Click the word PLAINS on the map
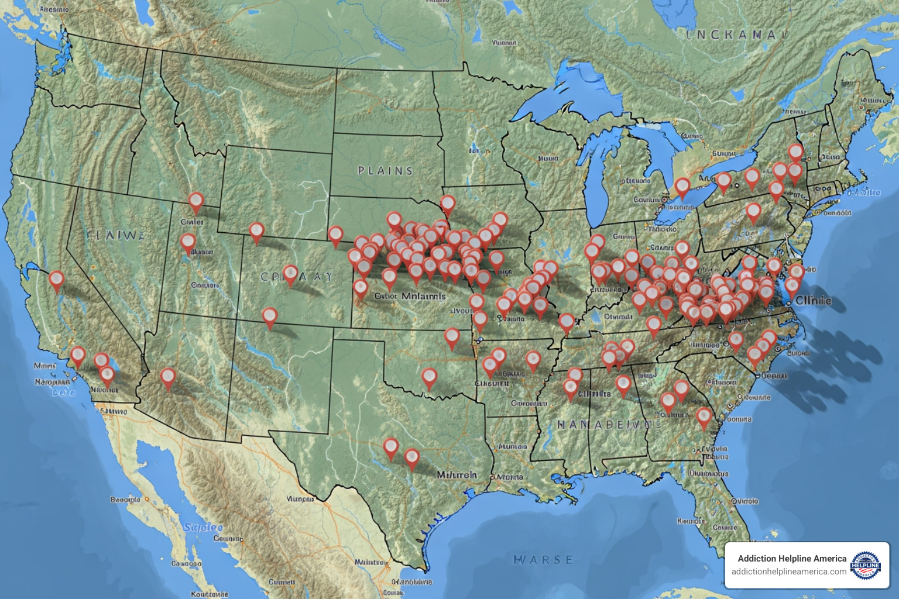click(385, 171)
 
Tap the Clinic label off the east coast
click(813, 300)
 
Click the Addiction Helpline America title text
click(792, 559)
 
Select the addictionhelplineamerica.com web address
click(788, 572)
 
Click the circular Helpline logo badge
click(866, 565)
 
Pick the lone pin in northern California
click(56, 280)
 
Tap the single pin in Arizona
click(168, 377)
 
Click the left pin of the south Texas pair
click(391, 447)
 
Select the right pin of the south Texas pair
click(412, 457)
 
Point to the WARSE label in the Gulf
click(543, 560)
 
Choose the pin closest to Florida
click(704, 416)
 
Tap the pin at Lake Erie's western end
click(682, 187)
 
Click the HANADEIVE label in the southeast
click(603, 425)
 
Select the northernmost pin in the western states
click(195, 202)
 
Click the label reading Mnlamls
click(424, 296)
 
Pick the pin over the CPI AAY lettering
click(290, 274)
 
